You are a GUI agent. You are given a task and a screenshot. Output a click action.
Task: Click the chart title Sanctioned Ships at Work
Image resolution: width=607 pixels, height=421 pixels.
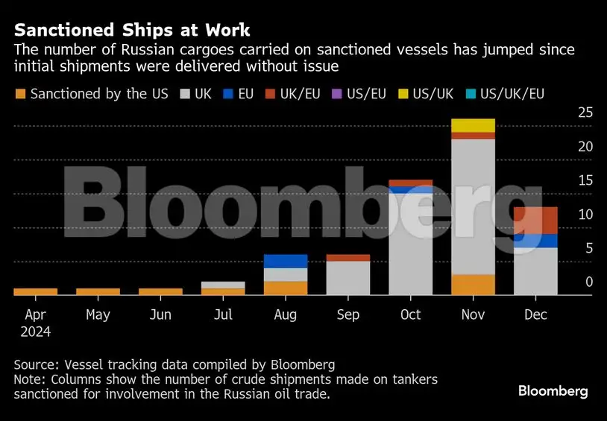click(x=132, y=31)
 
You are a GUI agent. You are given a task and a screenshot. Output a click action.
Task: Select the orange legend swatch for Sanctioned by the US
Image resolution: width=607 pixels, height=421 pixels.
click(x=20, y=95)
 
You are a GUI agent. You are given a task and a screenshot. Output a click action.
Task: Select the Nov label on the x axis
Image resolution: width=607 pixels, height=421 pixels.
click(x=473, y=314)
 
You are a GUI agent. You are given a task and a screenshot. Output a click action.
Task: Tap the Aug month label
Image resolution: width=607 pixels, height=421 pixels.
click(x=286, y=314)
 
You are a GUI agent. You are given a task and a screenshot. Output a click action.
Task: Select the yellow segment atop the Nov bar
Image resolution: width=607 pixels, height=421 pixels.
click(x=473, y=125)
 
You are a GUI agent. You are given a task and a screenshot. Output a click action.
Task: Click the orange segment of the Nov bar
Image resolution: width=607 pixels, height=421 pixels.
click(x=473, y=285)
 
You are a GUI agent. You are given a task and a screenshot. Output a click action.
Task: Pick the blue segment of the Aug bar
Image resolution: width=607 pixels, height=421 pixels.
click(x=286, y=261)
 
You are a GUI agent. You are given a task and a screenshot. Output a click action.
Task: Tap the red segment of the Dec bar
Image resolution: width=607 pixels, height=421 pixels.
click(x=535, y=220)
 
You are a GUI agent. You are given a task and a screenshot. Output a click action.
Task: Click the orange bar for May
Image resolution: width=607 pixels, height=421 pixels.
click(x=98, y=291)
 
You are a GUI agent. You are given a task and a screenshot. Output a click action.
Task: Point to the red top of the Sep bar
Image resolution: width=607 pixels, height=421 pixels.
click(x=348, y=258)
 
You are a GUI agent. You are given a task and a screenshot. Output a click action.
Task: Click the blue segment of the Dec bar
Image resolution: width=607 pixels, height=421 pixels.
click(x=535, y=241)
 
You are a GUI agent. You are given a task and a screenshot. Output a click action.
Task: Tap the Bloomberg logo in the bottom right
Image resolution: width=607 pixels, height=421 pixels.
click(x=553, y=391)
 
